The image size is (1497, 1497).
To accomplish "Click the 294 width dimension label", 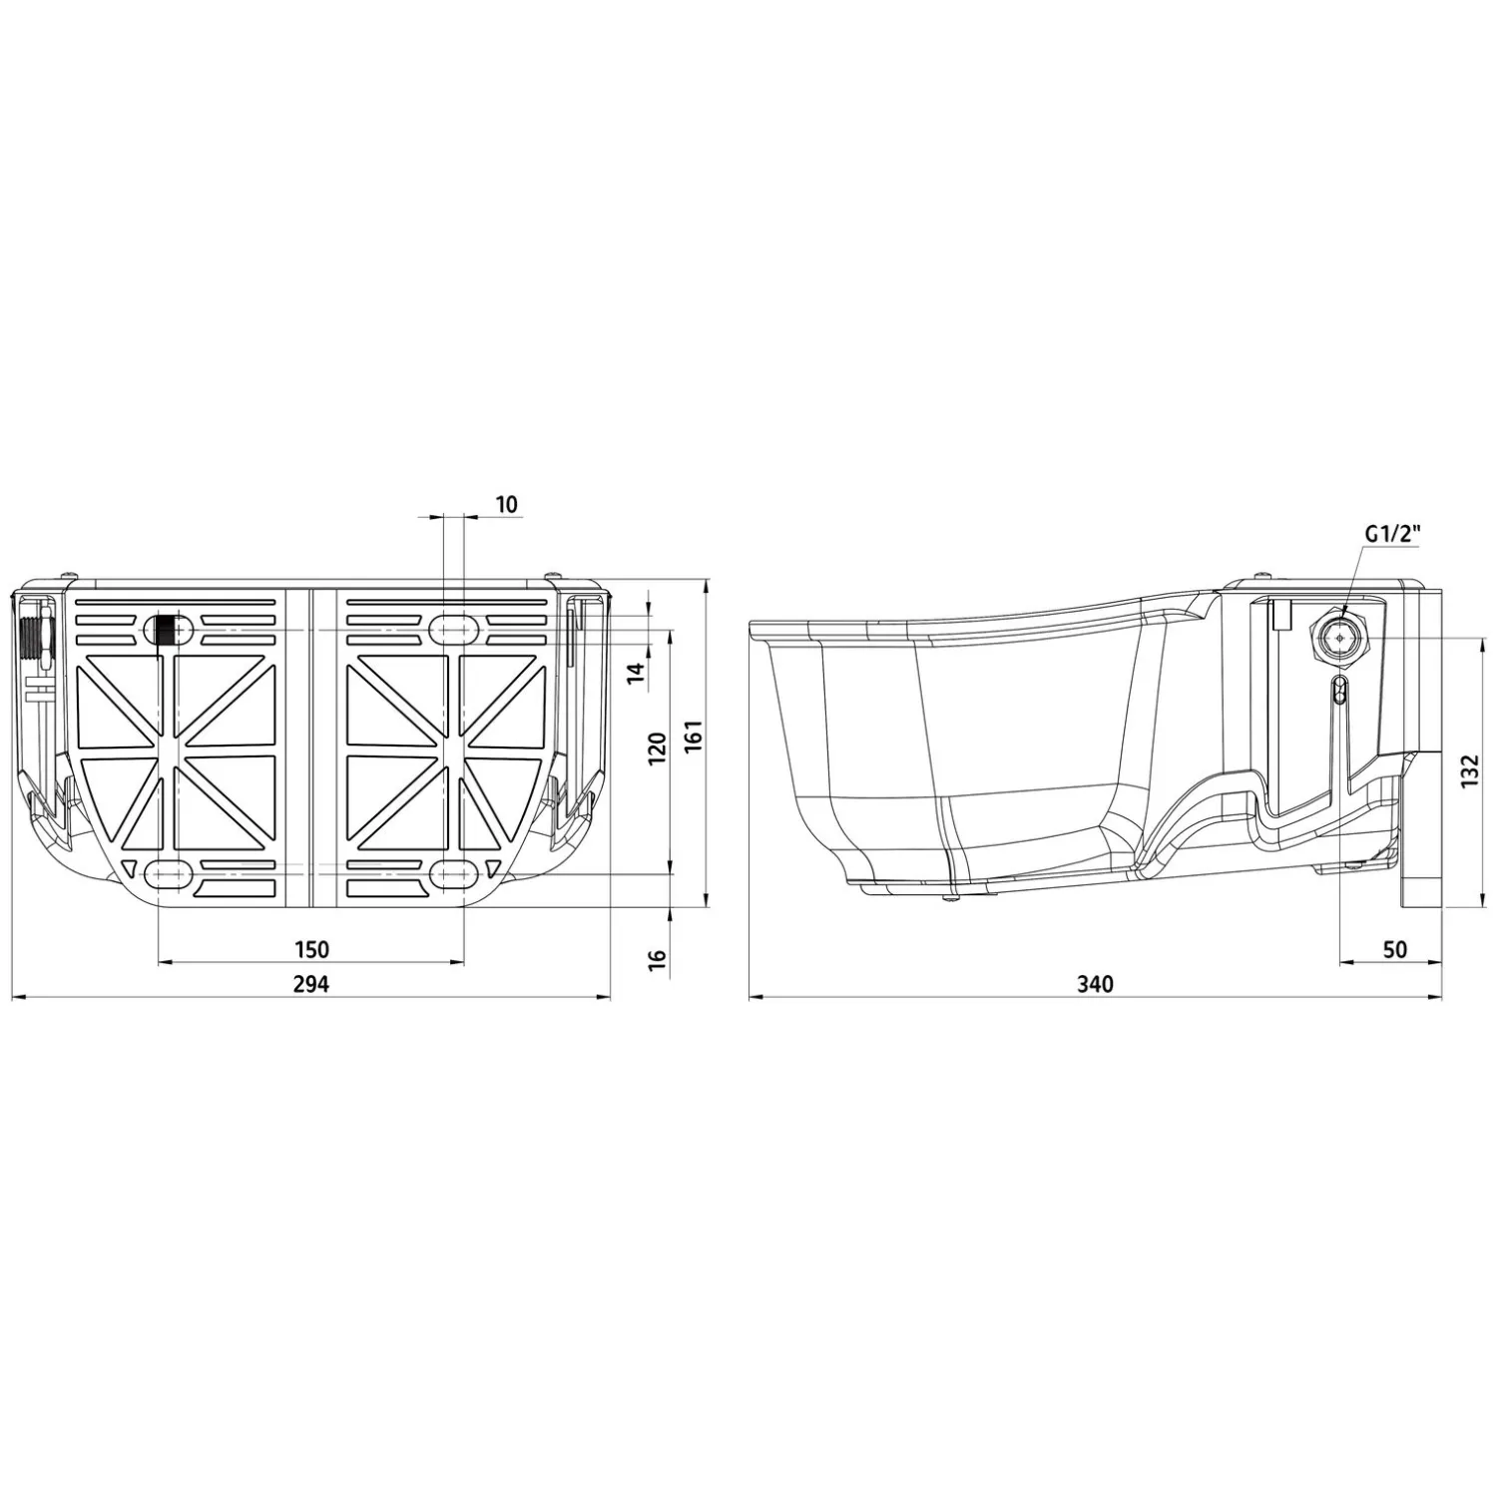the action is pos(310,983).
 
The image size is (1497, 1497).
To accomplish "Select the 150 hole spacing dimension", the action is pos(310,948).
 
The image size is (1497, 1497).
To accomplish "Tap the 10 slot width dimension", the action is pos(507,504).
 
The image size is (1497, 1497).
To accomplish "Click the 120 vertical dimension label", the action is pos(657,749).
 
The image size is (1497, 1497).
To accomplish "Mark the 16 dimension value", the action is pos(657,961).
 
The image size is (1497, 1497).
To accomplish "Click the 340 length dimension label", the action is pos(1095,983).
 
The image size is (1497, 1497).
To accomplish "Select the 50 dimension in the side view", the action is pos(1395,948).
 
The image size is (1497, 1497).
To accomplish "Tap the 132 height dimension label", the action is pos(1468,771).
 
